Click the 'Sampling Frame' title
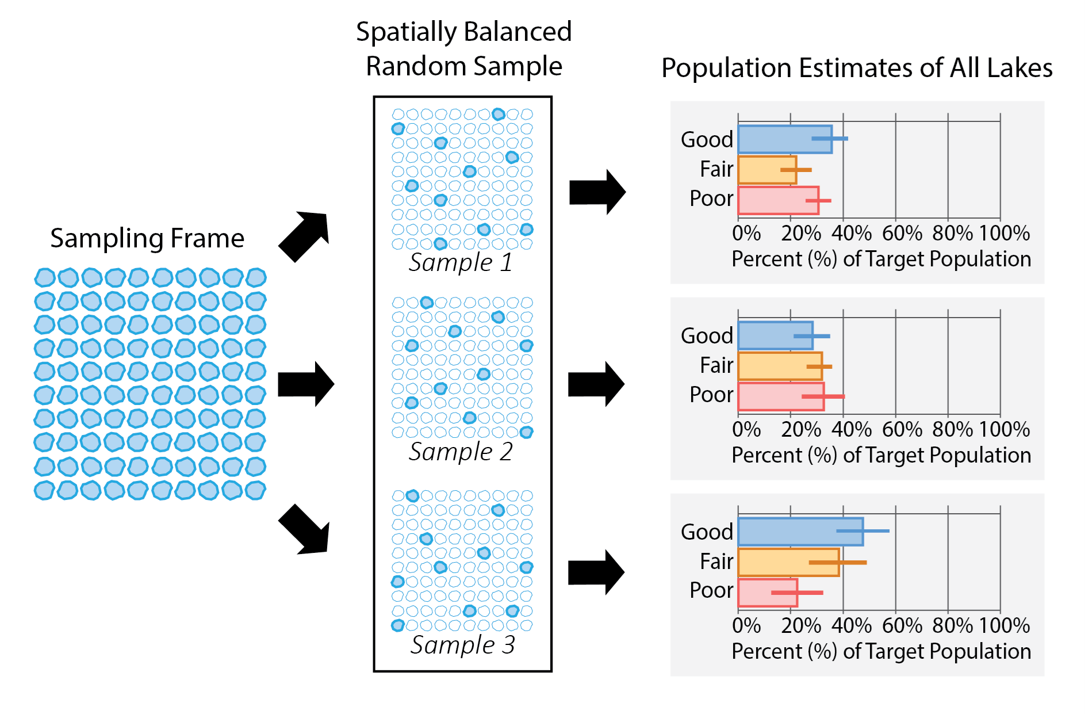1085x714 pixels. tap(147, 238)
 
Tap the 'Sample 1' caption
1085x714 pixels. tap(460, 262)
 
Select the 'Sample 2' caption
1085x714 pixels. tap(460, 452)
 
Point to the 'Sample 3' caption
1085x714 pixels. tap(462, 644)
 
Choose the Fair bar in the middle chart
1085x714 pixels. tap(779, 366)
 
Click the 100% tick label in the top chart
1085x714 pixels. tap(1004, 233)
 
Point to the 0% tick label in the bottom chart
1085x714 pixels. tap(746, 625)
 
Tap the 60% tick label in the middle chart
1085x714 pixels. tap(902, 429)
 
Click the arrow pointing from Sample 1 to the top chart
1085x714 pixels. tap(597, 192)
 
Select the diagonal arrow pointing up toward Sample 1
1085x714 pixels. tap(305, 235)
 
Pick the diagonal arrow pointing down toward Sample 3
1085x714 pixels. tap(305, 530)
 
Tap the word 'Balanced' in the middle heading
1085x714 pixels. tap(519, 32)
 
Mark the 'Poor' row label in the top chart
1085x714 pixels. tap(711, 198)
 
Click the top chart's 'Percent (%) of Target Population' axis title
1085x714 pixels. tap(881, 259)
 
